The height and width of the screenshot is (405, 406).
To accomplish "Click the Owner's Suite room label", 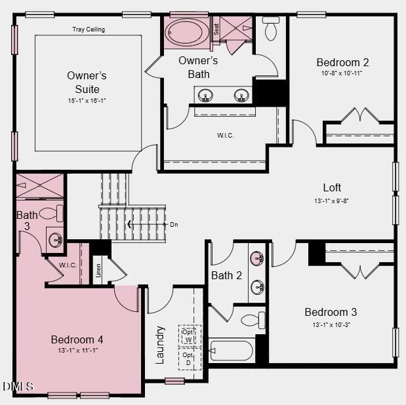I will [x=87, y=83].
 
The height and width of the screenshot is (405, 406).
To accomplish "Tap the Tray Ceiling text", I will [x=89, y=29].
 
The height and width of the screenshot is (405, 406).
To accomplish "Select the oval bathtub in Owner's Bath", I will [x=186, y=32].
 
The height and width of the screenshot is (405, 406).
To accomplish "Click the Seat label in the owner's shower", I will [x=216, y=29].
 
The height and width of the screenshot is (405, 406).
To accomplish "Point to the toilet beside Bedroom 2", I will [x=271, y=29].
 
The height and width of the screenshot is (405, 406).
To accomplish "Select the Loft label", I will [x=332, y=188].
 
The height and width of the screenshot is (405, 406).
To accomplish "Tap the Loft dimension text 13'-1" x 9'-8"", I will [x=332, y=201].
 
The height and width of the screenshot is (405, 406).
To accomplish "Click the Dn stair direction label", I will [x=173, y=225].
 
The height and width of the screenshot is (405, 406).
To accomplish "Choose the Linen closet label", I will [x=98, y=270].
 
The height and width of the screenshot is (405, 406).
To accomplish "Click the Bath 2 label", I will [x=226, y=275].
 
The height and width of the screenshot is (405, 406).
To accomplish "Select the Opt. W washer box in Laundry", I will [x=189, y=336].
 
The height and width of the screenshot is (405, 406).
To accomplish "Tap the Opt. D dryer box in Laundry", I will [x=189, y=358].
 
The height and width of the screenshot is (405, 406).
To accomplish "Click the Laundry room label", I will [x=159, y=344].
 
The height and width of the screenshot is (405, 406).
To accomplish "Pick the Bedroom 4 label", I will [x=77, y=339].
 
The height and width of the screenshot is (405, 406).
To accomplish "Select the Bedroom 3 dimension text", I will [x=331, y=324].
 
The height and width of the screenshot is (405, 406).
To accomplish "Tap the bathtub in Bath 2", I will [x=231, y=351].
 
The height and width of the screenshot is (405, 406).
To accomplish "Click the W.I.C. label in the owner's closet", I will [x=225, y=136].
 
